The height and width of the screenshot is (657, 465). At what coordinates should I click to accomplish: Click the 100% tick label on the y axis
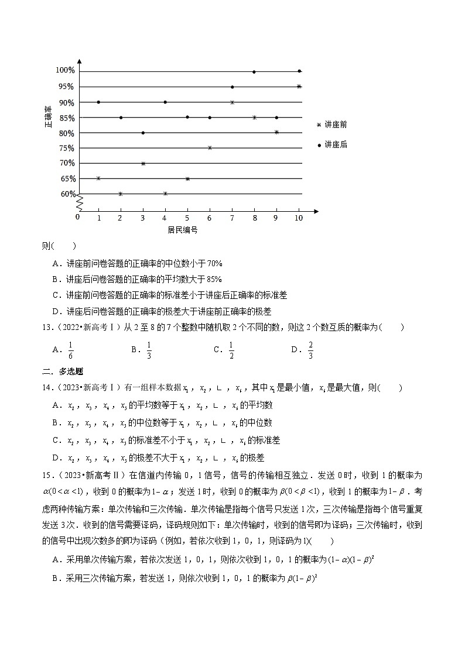click(x=66, y=71)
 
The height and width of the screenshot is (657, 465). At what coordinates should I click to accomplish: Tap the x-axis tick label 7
click(x=232, y=218)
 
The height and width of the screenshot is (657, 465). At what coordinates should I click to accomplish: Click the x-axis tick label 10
click(x=299, y=218)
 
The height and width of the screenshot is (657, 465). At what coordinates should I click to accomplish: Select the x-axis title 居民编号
click(x=183, y=230)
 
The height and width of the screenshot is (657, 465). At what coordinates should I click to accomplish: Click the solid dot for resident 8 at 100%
click(x=254, y=72)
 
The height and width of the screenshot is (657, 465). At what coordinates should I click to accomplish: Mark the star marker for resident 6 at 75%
click(x=210, y=148)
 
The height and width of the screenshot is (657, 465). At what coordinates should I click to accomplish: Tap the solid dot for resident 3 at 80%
click(x=143, y=133)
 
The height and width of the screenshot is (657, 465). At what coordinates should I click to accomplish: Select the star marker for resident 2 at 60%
click(x=121, y=194)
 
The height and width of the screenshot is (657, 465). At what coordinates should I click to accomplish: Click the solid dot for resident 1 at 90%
click(x=98, y=102)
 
